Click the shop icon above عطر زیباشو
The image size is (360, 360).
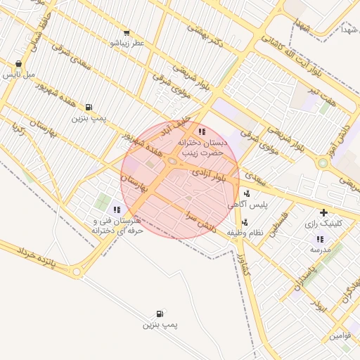pos(127,32)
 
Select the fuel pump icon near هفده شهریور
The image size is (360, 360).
pos(89,107)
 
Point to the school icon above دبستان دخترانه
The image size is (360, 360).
pos(202,131)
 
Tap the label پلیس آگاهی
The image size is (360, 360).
pos(247,204)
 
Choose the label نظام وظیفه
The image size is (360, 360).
pos(245,233)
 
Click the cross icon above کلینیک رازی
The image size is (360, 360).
pos(323,212)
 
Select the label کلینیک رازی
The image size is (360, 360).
pos(323,224)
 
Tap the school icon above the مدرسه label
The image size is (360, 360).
pos(320,239)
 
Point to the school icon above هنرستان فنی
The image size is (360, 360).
pos(117,209)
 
